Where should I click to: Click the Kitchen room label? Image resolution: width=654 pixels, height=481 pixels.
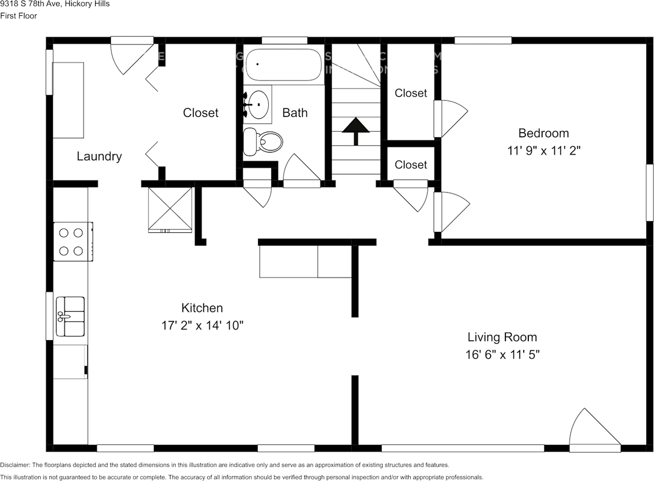202,308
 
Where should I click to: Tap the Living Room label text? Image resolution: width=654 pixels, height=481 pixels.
502,337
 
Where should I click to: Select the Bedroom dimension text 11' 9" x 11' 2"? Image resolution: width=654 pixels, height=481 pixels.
543,151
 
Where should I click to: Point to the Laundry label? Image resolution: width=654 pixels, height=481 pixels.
99,156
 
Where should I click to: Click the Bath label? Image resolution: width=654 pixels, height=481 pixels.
295,112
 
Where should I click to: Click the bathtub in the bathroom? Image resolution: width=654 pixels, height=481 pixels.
283,65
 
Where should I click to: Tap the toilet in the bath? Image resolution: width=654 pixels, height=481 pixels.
263,142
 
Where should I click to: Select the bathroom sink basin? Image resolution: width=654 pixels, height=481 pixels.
258,105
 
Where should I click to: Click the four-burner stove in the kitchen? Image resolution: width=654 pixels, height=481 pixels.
72,242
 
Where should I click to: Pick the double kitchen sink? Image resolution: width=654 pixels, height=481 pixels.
71,317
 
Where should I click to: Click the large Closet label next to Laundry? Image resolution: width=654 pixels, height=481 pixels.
200,112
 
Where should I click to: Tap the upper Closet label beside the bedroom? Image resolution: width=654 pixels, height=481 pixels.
411,93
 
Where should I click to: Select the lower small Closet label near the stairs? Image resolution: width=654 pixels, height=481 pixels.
411,164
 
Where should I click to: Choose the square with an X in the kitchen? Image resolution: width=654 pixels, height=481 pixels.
170,209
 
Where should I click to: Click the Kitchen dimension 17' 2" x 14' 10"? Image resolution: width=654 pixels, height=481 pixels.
202,325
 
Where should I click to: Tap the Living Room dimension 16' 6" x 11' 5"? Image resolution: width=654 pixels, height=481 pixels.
502,354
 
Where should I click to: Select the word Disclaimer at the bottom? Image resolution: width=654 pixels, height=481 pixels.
15,465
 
